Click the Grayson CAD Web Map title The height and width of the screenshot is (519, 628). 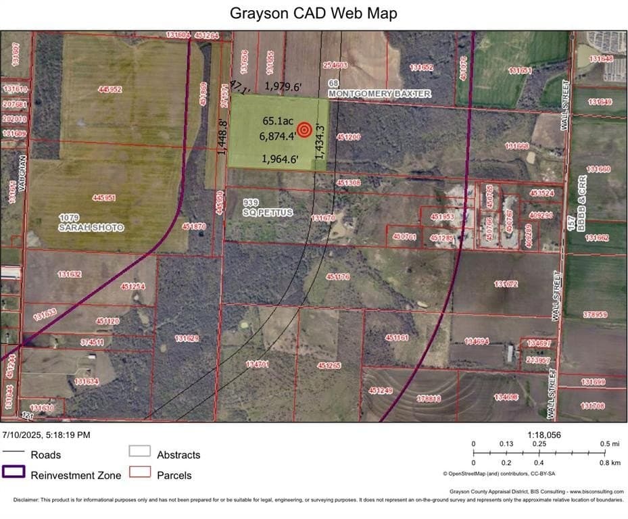(314, 13)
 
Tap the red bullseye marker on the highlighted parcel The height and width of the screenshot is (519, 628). (304, 129)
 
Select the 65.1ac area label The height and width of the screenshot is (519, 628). (278, 121)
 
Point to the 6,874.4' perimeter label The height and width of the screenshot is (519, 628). (277, 136)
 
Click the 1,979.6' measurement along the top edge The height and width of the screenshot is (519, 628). (283, 86)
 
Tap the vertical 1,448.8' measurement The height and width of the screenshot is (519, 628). (221, 137)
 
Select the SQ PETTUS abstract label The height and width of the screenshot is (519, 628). (268, 212)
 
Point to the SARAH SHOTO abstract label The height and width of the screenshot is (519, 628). (91, 228)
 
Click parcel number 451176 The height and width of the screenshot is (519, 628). (337, 276)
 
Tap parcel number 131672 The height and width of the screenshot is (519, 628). (506, 284)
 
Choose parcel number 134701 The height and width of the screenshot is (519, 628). (257, 364)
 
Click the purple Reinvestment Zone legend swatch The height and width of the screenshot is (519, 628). (14, 472)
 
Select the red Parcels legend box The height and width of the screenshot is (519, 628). (139, 472)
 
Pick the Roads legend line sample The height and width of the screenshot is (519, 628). (14, 451)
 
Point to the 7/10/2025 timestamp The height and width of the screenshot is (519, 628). (46, 435)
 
